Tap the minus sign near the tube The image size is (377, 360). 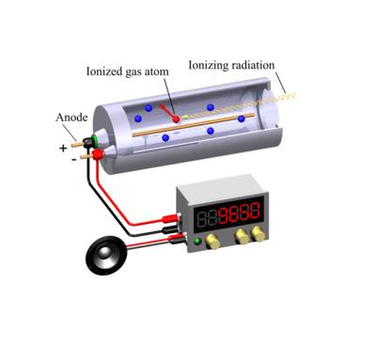(x=73, y=160)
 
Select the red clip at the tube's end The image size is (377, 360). (x=98, y=154)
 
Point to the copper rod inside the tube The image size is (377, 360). (x=188, y=127)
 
